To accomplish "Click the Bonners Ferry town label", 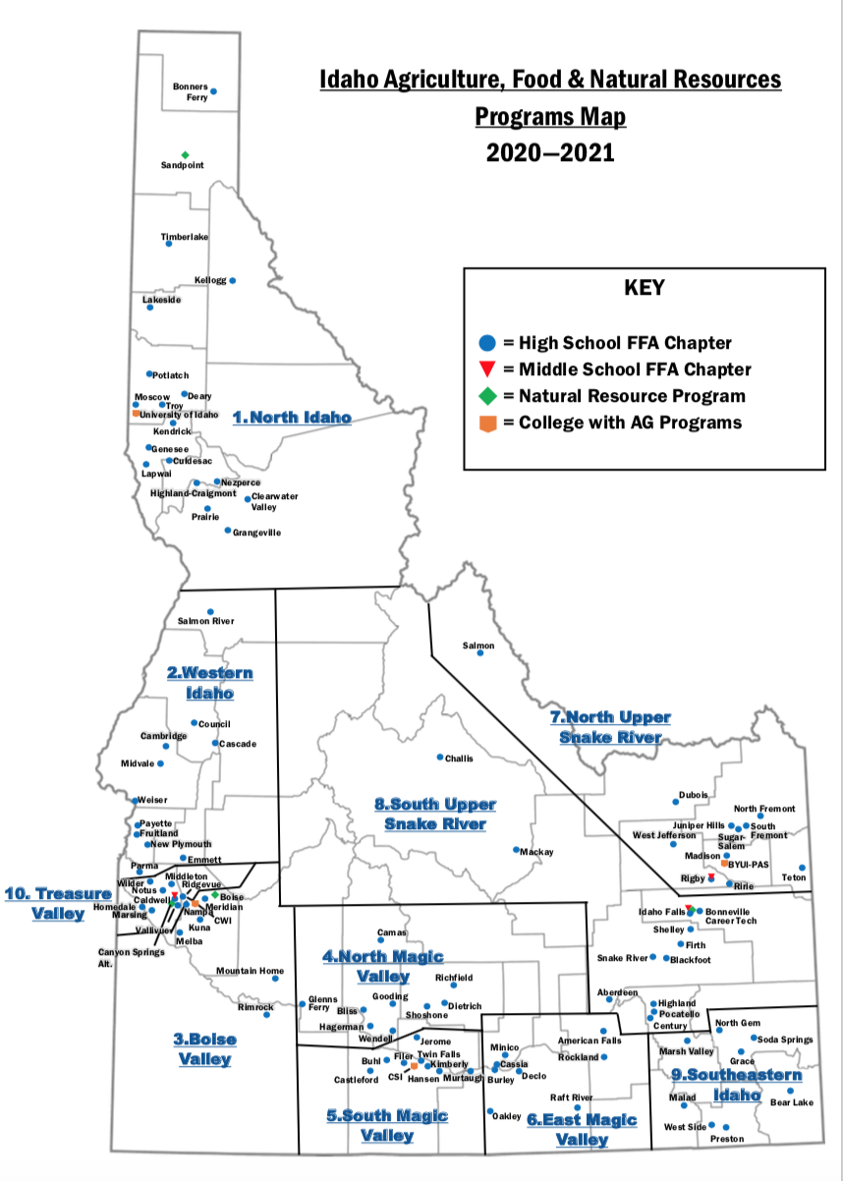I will tap(191, 91).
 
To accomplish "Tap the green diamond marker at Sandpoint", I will tap(185, 154).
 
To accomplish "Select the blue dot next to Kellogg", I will tap(233, 280).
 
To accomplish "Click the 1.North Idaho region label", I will tap(292, 418).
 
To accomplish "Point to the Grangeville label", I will tap(256, 533).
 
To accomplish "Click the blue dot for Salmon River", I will tap(209, 611).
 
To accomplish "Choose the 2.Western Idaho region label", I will tap(210, 683).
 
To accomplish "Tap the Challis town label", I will tap(459, 759).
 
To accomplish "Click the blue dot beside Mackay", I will tap(515, 849).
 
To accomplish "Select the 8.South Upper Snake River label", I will tap(435, 814).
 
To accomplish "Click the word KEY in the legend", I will tap(644, 288).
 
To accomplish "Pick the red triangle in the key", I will tap(485, 369).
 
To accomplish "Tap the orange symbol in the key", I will tap(485, 422).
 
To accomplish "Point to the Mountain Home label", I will tap(250, 971).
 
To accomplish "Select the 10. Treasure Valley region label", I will tap(58, 903).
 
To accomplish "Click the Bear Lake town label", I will tap(791, 1102).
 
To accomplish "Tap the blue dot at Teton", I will tap(802, 868).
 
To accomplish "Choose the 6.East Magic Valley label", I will tap(582, 1129).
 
